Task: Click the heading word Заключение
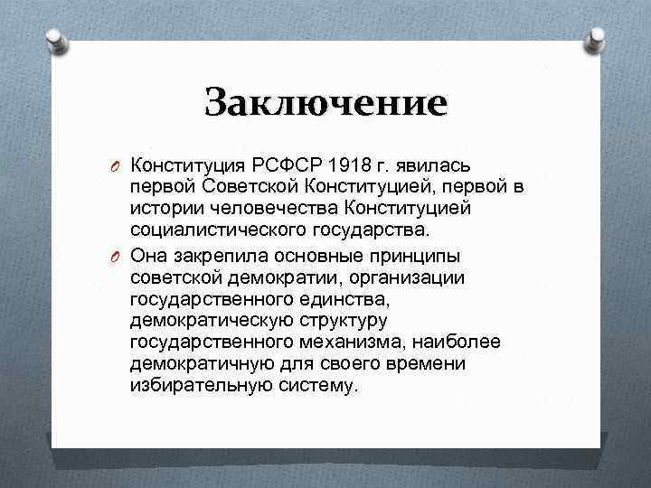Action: [325, 101]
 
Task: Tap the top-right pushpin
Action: [597, 39]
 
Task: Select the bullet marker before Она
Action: [117, 256]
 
